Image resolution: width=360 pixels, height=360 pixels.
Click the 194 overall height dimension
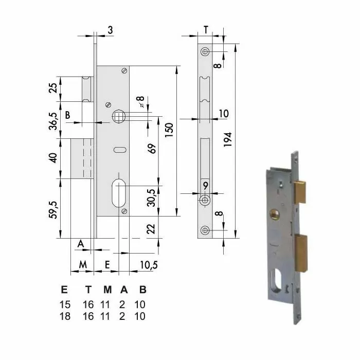[229, 139]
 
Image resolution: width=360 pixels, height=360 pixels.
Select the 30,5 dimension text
[152, 196]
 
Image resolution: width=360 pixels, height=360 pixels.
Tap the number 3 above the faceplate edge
[110, 30]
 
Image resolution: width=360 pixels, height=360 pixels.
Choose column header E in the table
[64, 289]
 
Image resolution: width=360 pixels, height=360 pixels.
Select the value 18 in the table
[64, 316]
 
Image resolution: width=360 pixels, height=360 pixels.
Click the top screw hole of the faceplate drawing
[205, 52]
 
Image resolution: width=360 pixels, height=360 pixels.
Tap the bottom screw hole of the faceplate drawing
[205, 230]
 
